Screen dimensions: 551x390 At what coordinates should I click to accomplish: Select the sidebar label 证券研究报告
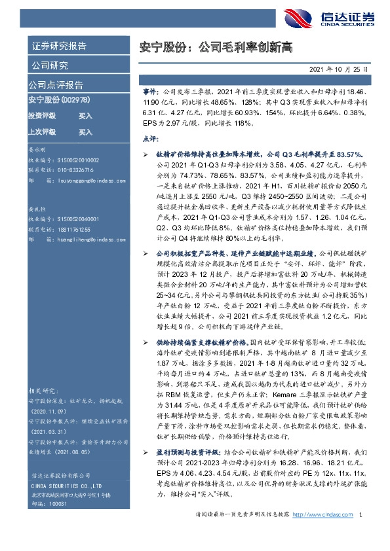[59, 46]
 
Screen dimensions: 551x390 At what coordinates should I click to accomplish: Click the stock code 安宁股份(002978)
[58, 99]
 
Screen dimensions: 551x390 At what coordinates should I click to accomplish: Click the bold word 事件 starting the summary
[151, 94]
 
